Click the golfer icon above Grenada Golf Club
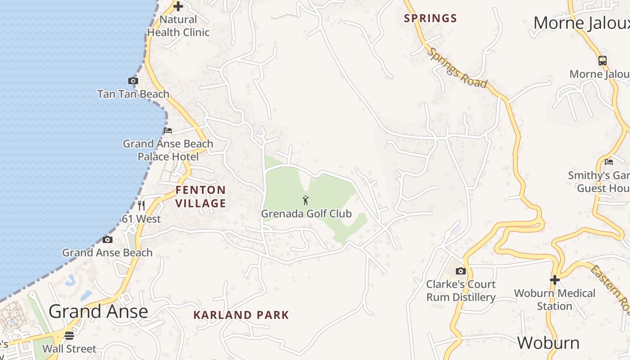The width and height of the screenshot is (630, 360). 306,200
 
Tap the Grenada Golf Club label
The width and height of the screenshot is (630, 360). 306,214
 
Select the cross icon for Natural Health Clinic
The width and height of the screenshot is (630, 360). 178,6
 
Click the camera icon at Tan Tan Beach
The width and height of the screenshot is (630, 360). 133,81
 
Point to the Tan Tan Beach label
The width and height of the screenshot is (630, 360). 133,94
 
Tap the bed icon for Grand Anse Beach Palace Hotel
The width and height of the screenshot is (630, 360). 168,130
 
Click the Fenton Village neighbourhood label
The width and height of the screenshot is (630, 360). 201,197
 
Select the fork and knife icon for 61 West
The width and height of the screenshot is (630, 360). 141,206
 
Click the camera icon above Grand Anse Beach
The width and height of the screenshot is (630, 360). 107,239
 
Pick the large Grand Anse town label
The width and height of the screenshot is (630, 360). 98,311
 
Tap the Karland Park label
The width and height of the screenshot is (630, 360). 241,315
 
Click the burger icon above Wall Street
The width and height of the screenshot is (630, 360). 69,335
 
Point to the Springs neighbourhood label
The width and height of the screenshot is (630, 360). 430,18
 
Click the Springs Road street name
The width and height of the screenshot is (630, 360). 457,68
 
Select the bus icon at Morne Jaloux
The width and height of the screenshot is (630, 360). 602,61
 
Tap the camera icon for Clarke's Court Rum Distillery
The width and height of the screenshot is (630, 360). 460,271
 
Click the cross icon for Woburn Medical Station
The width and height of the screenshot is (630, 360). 554,279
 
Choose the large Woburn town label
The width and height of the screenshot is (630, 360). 548,343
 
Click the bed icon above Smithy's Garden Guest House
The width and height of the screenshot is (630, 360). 609,162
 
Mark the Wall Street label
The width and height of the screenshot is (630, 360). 69,349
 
